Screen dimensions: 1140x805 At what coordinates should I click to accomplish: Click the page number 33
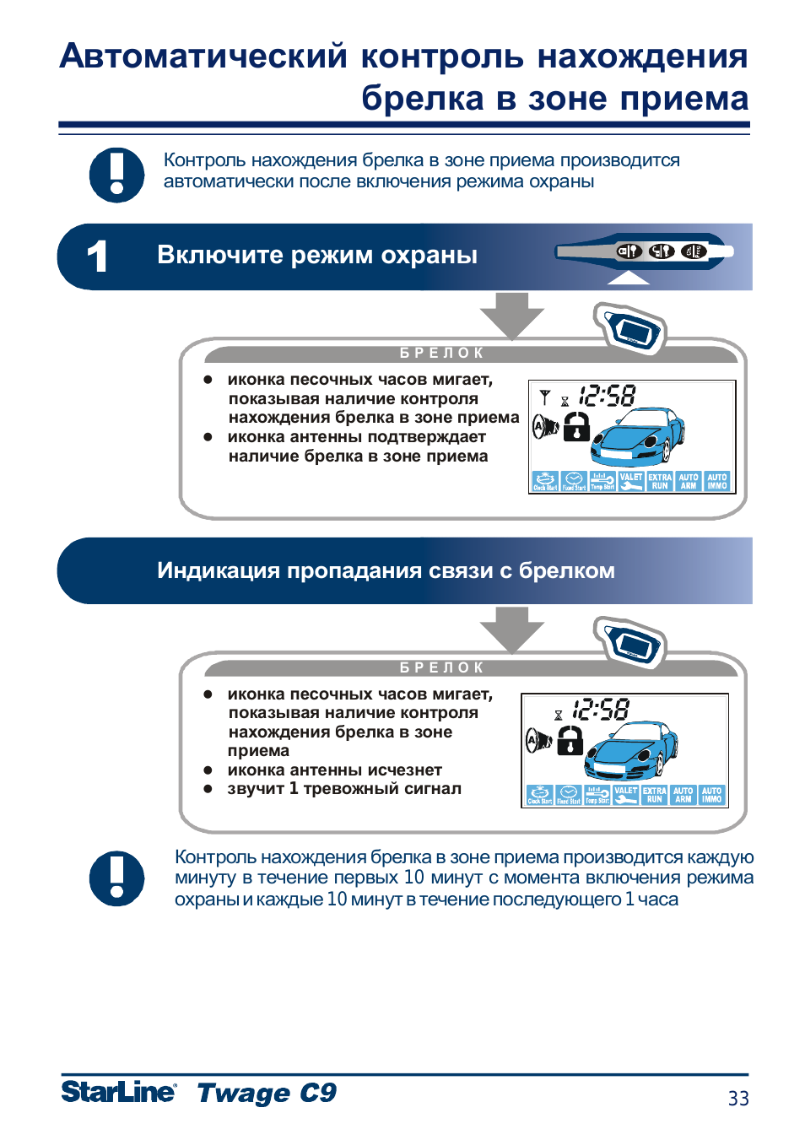pos(738,1098)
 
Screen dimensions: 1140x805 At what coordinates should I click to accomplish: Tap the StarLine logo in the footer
pos(119,1091)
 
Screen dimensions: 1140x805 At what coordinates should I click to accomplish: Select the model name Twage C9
pos(267,1093)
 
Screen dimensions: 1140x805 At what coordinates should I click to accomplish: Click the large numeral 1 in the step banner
pos(98,257)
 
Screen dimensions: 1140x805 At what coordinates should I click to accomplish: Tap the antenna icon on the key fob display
pos(545,397)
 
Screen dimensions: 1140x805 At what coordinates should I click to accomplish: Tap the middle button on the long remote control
pos(662,251)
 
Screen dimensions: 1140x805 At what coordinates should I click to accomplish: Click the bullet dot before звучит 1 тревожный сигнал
pos(208,789)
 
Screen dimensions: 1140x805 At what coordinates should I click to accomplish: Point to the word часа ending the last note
pos(658,900)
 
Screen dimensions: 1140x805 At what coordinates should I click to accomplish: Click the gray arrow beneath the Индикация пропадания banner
pos(511,629)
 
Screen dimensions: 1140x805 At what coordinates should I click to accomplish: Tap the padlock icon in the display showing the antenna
pos(576,427)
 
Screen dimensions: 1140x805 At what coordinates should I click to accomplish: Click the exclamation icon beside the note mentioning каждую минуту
pos(117,878)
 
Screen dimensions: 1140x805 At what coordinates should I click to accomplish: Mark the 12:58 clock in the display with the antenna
pos(608,396)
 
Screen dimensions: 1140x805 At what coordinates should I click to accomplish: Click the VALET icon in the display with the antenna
pos(631,481)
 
